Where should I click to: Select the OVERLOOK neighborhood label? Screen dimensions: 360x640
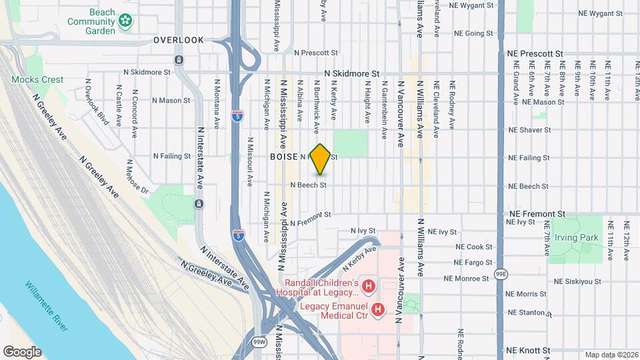179,40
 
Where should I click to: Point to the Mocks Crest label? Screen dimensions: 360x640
37,79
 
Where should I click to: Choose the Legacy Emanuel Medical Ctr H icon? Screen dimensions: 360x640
378,309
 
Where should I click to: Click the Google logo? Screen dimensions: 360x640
22,352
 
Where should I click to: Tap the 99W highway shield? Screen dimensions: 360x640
259,342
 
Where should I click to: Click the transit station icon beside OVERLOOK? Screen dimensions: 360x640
179,60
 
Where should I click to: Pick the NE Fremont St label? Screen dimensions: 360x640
537,214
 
